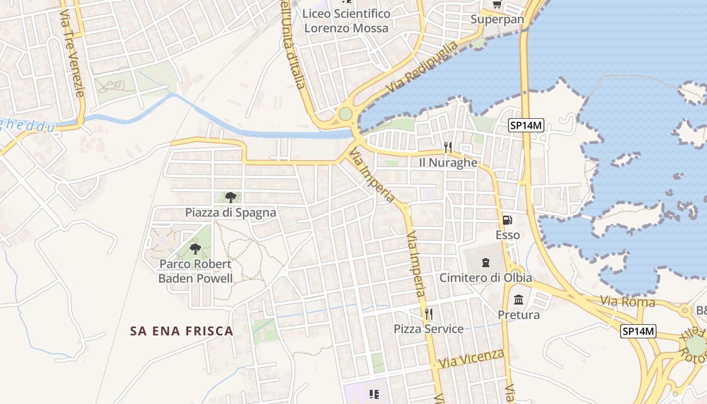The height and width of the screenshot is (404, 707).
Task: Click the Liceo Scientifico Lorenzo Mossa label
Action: tap(346, 21)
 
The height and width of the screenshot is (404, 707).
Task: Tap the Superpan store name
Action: tap(497, 20)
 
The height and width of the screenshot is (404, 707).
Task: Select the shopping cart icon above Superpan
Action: tap(497, 5)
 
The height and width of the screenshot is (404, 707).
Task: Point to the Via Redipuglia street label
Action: tap(422, 67)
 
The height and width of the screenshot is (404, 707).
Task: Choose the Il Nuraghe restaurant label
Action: tap(448, 163)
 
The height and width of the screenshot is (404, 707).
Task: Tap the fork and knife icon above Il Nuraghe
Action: tap(448, 147)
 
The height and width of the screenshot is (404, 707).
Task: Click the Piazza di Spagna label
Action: tap(231, 213)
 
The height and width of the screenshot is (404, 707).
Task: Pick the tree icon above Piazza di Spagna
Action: tap(231, 197)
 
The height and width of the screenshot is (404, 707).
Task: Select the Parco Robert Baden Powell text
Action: tap(195, 271)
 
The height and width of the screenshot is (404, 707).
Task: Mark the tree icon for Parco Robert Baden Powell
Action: tap(195, 248)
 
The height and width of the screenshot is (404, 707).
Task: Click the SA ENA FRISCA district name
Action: tap(182, 331)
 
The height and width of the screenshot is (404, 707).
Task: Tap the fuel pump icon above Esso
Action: tap(508, 220)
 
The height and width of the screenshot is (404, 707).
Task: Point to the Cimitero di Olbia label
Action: tap(485, 278)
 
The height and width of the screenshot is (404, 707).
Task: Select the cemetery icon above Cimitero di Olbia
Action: tap(485, 263)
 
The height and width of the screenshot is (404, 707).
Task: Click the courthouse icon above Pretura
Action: tap(519, 300)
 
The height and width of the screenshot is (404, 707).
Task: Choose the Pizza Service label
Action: tap(429, 329)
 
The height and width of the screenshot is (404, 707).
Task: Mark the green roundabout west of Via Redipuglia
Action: tap(345, 114)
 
